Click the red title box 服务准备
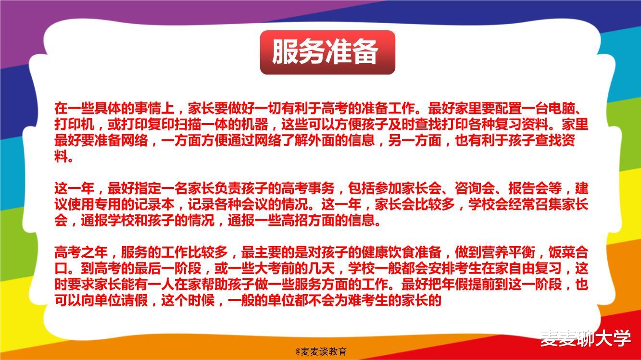(x=327, y=52)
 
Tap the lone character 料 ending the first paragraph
(x=61, y=157)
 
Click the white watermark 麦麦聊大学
(x=585, y=338)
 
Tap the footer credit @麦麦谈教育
(x=321, y=352)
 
